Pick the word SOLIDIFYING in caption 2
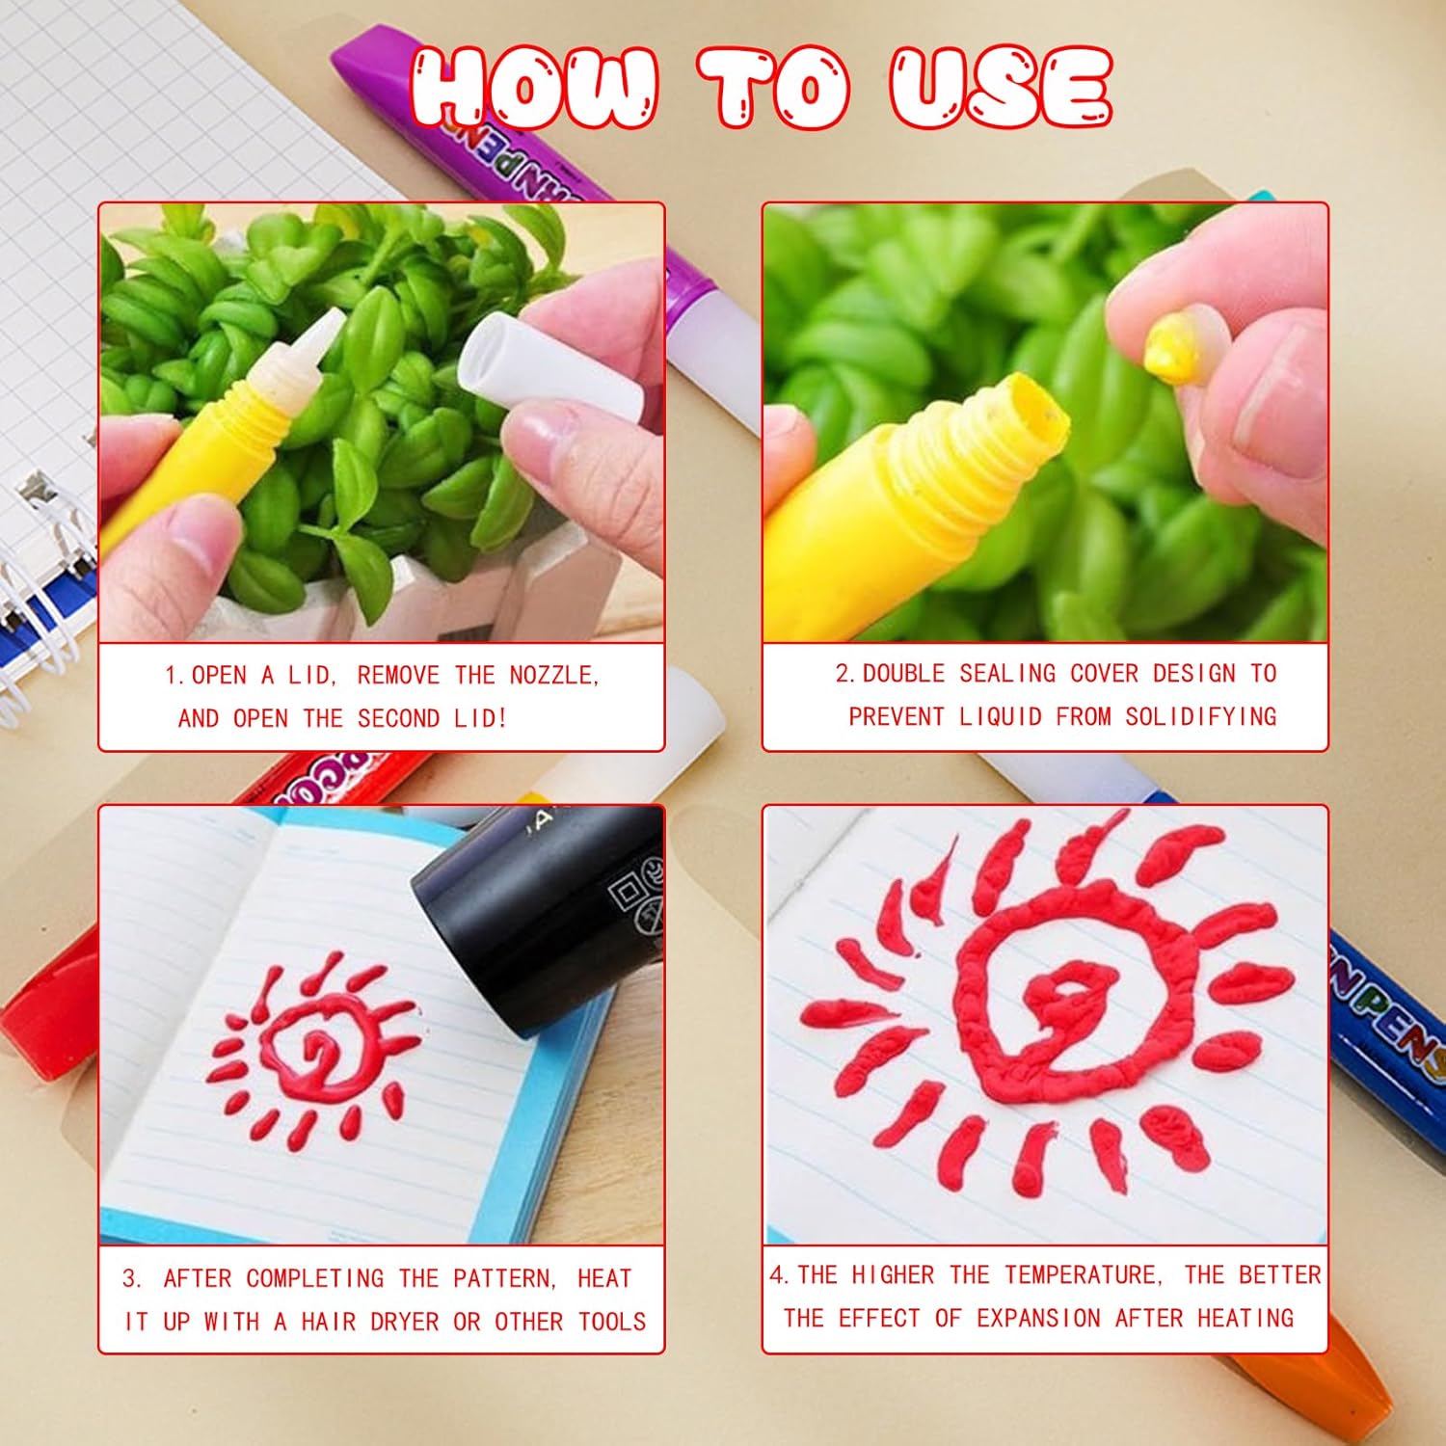pos(1201,716)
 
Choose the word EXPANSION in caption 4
pos(1038,1318)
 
